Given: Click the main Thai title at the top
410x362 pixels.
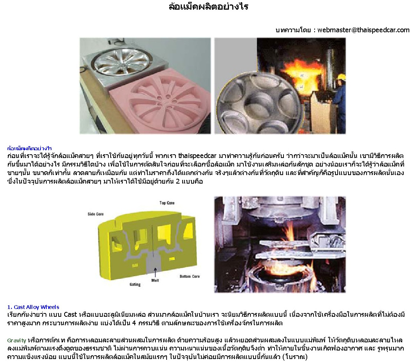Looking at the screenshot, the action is (x=209, y=6).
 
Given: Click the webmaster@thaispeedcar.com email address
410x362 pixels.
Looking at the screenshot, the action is (x=364, y=30).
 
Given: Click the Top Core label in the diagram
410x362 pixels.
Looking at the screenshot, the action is (x=167, y=203).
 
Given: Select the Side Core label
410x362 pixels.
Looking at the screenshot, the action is (x=96, y=214).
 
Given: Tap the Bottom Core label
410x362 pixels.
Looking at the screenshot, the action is (x=190, y=276).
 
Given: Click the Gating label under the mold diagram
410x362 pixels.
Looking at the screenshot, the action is (x=135, y=284).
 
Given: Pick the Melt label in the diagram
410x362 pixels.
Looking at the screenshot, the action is (x=155, y=280).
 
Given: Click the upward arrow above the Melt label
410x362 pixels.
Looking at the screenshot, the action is (x=155, y=272).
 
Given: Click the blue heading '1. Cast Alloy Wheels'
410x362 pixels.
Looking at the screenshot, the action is (x=33, y=307).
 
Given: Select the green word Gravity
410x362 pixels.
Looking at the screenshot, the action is (x=17, y=340).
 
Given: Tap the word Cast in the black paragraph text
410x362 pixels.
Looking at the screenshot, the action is (x=70, y=315).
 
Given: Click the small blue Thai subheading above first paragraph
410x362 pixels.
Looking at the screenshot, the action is (x=30, y=148).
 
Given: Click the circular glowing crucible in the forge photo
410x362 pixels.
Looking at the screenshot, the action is (x=280, y=277).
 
